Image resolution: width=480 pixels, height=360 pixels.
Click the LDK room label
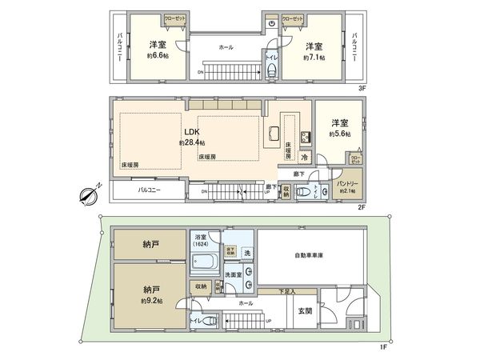pyautogui.click(x=192, y=131)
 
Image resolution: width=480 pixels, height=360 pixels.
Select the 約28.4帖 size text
pyautogui.click(x=192, y=142)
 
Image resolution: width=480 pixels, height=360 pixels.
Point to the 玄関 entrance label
pyautogui.click(x=306, y=311)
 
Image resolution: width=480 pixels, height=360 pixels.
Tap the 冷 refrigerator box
pyautogui.click(x=305, y=158)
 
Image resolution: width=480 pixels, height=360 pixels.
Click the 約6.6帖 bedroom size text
pyautogui.click(x=156, y=56)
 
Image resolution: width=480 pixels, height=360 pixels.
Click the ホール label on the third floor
pyautogui.click(x=226, y=47)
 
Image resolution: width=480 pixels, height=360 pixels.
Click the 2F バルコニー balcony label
pyautogui.click(x=146, y=191)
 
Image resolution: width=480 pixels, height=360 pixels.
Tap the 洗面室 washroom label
pyautogui.click(x=234, y=273)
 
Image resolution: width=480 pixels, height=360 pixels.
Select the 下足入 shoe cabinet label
pyautogui.click(x=286, y=291)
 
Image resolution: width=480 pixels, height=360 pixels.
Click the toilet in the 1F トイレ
pyautogui.click(x=210, y=322)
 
